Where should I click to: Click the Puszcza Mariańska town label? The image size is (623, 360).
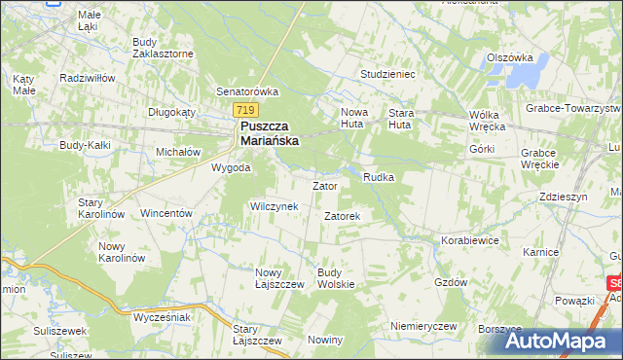pyautogui.click(x=269, y=133)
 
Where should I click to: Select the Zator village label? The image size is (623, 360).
pyautogui.click(x=324, y=185)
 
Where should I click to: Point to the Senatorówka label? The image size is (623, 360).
pyautogui.click(x=247, y=91)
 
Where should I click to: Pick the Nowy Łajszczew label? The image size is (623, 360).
pyautogui.click(x=280, y=277)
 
